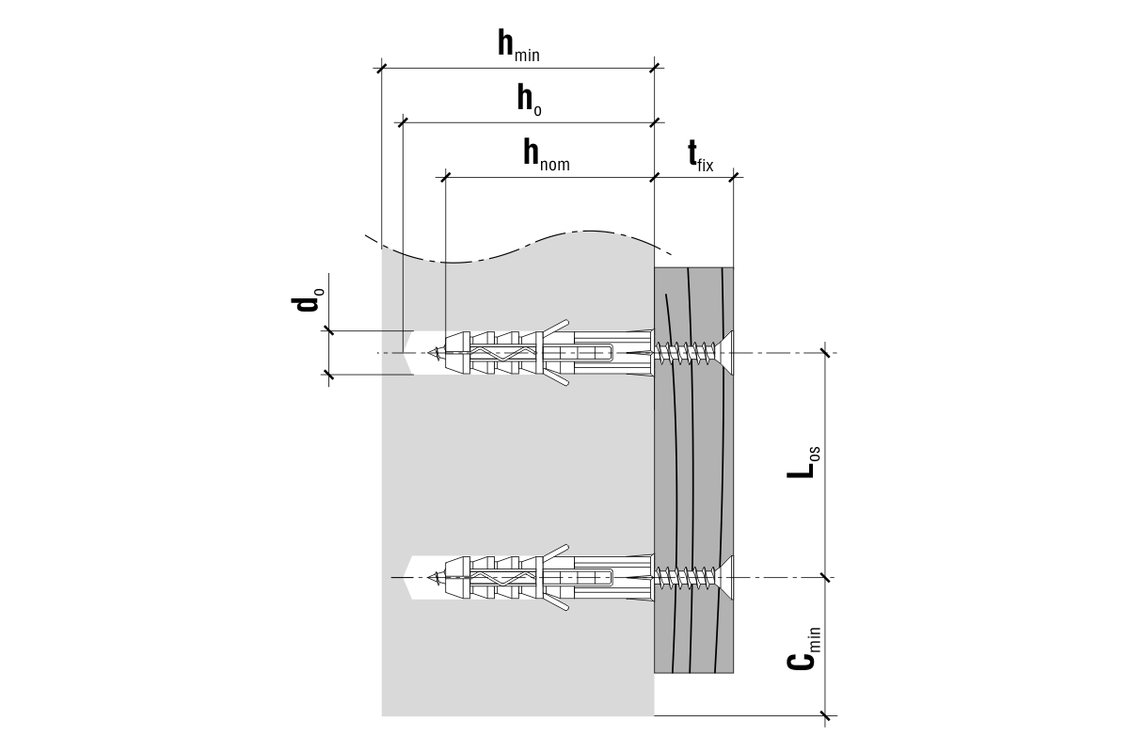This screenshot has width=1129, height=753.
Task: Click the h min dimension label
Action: pos(518,46)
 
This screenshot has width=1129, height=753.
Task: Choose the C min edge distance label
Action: pos(803,649)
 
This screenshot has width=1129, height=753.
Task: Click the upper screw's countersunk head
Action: pos(728,353)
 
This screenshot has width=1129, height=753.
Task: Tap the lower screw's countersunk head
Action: pos(728,576)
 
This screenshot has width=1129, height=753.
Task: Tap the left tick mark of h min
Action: pos(381,68)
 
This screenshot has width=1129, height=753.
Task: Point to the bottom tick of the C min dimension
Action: pos(826,715)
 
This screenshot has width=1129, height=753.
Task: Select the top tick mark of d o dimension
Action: pos(329,330)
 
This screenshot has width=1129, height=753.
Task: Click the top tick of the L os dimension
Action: pos(826,353)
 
